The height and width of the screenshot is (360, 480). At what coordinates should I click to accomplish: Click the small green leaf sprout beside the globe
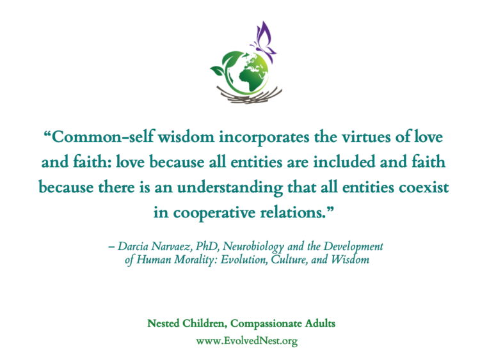[x=218, y=71]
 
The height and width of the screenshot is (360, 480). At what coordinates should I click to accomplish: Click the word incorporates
[x=264, y=137]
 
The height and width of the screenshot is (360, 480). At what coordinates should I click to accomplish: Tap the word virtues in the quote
[x=366, y=137]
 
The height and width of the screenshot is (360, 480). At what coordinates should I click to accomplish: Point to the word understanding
[x=230, y=188]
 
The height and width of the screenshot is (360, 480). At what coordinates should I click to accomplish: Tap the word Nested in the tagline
[x=163, y=324]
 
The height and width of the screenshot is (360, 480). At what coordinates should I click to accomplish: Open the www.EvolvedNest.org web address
[x=247, y=341]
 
